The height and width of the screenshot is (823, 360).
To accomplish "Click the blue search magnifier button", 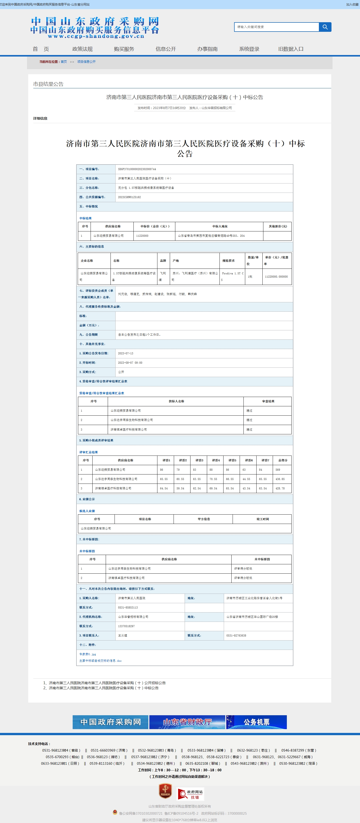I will click(325, 27).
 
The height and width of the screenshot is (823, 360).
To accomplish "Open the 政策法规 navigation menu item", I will click(82, 49).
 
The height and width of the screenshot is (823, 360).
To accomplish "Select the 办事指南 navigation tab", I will click(207, 49).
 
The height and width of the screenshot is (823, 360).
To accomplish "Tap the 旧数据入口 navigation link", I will click(291, 49).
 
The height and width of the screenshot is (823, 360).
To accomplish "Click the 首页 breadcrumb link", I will click(64, 62).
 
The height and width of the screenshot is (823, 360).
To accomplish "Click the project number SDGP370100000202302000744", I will click(137, 169).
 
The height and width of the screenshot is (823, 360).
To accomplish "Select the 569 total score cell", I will click(278, 470).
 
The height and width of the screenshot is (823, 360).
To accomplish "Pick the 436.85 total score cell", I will click(280, 479).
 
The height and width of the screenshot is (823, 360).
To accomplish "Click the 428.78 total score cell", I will click(280, 488).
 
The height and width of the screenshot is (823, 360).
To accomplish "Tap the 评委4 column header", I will click(216, 460).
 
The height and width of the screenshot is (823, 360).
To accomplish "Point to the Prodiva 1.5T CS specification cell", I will click(233, 276).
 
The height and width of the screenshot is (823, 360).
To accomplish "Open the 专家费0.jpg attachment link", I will click(88, 654).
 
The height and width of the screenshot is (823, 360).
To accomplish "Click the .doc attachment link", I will click(100, 660).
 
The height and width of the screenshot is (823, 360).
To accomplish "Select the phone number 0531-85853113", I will click(128, 607).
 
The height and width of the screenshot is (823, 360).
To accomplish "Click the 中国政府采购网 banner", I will click(110, 722).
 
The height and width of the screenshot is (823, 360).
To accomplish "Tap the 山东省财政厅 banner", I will click(187, 722).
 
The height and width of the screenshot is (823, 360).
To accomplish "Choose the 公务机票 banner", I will click(257, 722).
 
